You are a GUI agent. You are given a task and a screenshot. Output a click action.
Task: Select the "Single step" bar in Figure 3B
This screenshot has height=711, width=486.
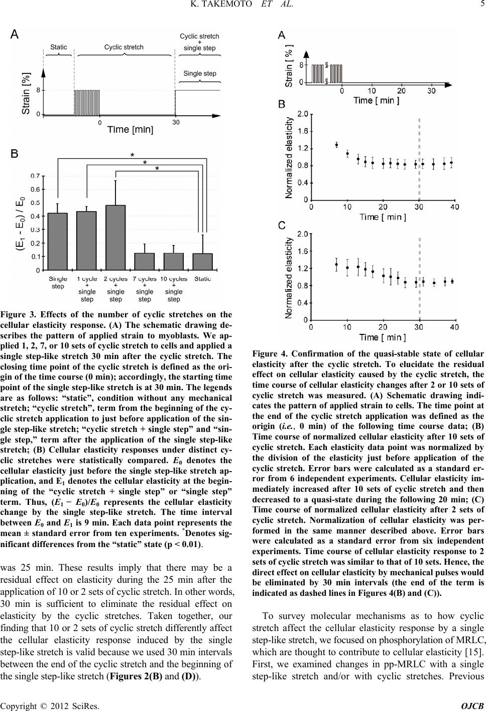click(57, 241)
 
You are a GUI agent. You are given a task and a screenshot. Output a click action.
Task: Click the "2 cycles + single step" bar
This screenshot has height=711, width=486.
click(115, 237)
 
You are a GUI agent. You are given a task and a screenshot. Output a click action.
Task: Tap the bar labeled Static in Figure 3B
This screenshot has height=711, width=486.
click(202, 261)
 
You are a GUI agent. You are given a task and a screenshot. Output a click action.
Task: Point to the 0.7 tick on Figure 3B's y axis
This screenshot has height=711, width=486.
click(35, 176)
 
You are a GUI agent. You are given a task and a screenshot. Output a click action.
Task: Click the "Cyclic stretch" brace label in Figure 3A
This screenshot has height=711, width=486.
click(124, 47)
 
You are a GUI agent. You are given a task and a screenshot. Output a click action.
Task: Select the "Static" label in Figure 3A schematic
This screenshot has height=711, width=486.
click(58, 47)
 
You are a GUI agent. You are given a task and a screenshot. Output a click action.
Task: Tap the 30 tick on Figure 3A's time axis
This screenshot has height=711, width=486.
click(176, 122)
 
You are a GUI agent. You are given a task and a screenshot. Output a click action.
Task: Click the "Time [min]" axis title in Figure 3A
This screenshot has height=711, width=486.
click(130, 130)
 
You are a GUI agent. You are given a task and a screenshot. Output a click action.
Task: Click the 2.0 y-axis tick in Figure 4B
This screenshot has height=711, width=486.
click(303, 114)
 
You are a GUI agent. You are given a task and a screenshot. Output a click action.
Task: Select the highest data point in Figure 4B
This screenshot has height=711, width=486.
click(336, 145)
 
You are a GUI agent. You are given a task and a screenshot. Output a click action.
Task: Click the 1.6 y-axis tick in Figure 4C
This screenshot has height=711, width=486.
click(303, 251)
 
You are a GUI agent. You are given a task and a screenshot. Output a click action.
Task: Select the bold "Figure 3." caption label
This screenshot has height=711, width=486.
click(28, 316)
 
